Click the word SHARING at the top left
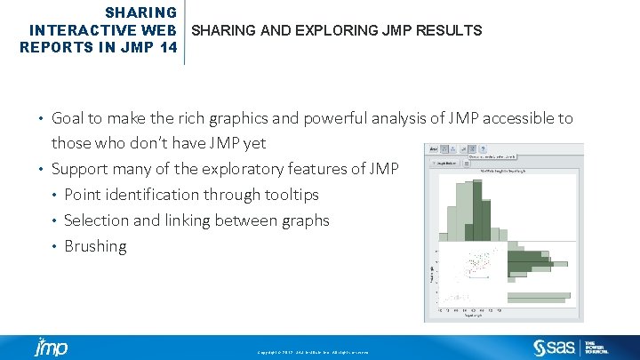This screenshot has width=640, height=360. (140, 12)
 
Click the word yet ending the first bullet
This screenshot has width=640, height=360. (254, 143)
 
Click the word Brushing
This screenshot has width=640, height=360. (95, 246)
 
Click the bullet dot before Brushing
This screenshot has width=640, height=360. (55, 246)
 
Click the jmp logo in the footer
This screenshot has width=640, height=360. (51, 347)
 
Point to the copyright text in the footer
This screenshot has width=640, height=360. (318, 353)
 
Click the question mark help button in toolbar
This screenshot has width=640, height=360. (472, 150)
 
